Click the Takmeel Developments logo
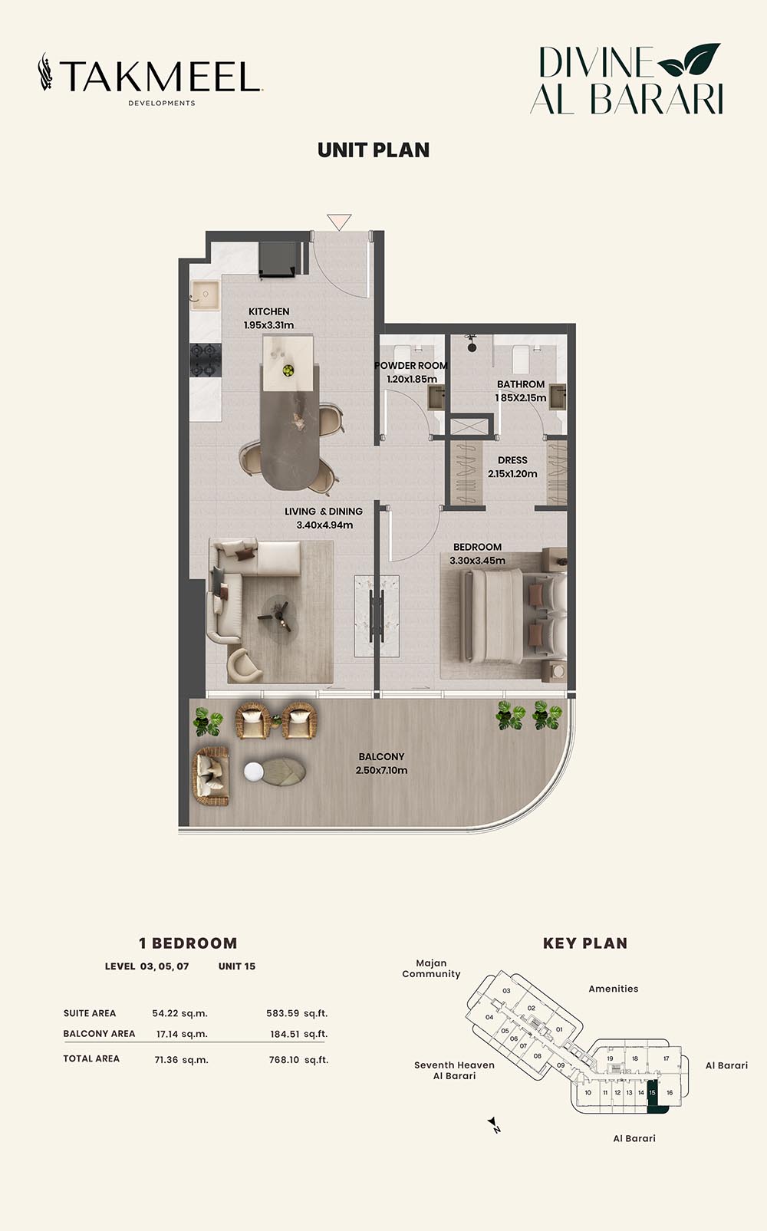click(150, 79)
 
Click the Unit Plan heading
click(374, 150)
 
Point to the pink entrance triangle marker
click(339, 222)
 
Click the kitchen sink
click(205, 295)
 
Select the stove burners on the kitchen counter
click(206, 360)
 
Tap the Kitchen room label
click(268, 311)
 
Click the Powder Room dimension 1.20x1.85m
click(412, 379)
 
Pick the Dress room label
click(512, 460)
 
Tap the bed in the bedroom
click(515, 615)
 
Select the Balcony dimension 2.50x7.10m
click(381, 771)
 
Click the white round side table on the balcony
click(254, 772)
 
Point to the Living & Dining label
click(324, 512)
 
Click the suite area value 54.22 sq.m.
click(179, 1013)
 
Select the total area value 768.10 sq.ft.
click(298, 1060)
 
